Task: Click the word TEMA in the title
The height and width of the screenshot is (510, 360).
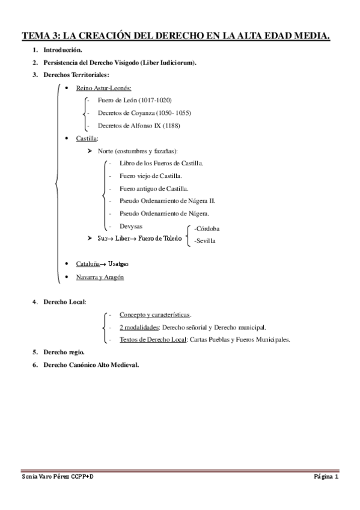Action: (35, 36)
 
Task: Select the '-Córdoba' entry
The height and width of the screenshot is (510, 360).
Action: (207, 229)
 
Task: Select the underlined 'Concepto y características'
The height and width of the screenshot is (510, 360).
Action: (154, 315)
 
